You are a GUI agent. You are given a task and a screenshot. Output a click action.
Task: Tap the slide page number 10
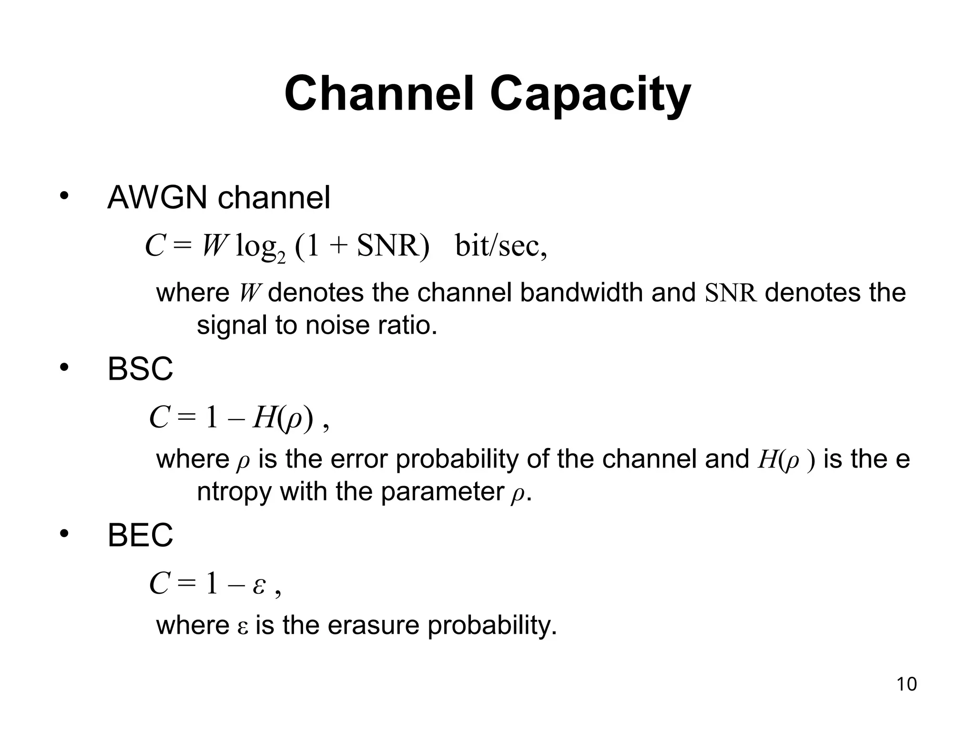906,684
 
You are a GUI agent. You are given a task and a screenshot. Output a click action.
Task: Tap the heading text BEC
140,535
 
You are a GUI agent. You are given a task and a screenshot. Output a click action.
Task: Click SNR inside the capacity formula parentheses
387,246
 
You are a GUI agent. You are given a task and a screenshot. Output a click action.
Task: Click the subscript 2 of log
281,258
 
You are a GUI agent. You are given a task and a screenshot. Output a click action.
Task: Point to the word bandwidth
581,293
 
